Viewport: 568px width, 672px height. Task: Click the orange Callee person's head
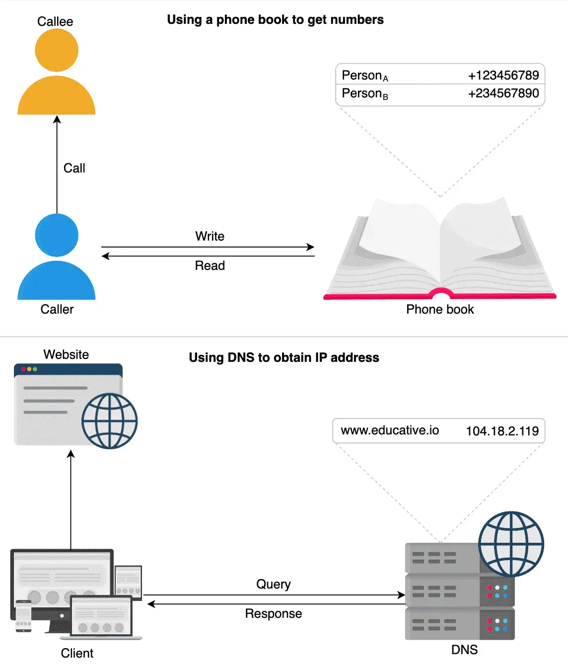57,50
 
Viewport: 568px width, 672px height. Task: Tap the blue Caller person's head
57,235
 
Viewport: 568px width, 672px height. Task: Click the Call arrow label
74,168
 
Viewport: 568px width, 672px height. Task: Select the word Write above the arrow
210,236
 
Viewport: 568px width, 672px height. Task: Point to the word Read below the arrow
210,265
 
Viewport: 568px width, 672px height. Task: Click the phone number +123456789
503,76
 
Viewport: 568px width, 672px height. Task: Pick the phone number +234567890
503,93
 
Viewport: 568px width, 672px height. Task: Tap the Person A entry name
365,76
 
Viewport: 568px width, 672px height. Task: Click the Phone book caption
440,309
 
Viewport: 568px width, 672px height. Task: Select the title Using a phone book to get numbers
276,20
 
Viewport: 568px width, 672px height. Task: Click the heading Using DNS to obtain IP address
284,357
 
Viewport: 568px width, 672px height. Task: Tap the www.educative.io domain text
390,430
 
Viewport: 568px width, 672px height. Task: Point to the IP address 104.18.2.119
502,431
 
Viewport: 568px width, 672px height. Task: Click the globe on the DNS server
511,544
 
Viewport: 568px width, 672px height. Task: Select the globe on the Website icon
109,421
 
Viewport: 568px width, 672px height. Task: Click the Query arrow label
274,584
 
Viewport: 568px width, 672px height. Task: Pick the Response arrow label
274,614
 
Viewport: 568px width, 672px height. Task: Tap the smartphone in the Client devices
24,616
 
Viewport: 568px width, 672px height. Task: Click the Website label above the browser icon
66,354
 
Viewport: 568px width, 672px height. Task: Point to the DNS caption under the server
464,650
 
